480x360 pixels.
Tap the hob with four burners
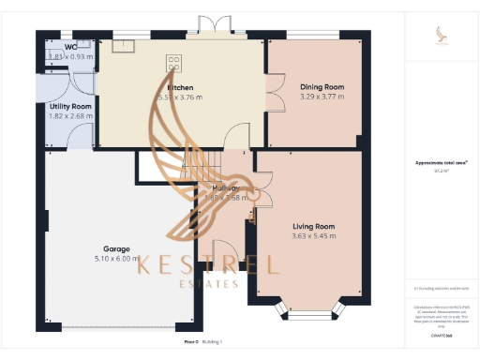[x=173, y=63]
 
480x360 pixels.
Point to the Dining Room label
[x=322, y=87]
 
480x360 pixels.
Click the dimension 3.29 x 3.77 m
[x=322, y=97]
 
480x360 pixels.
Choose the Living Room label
[x=313, y=227]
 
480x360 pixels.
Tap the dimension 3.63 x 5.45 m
[x=313, y=236]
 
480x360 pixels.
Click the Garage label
[x=117, y=249]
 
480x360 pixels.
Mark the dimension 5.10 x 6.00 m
[x=117, y=259]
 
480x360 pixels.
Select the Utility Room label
[x=70, y=107]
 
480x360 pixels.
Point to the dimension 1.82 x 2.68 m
[x=70, y=116]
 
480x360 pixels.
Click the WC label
[x=70, y=47]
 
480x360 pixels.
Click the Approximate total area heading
[x=438, y=162]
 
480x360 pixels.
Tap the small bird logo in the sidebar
[x=441, y=36]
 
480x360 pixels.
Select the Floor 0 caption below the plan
[x=191, y=343]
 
